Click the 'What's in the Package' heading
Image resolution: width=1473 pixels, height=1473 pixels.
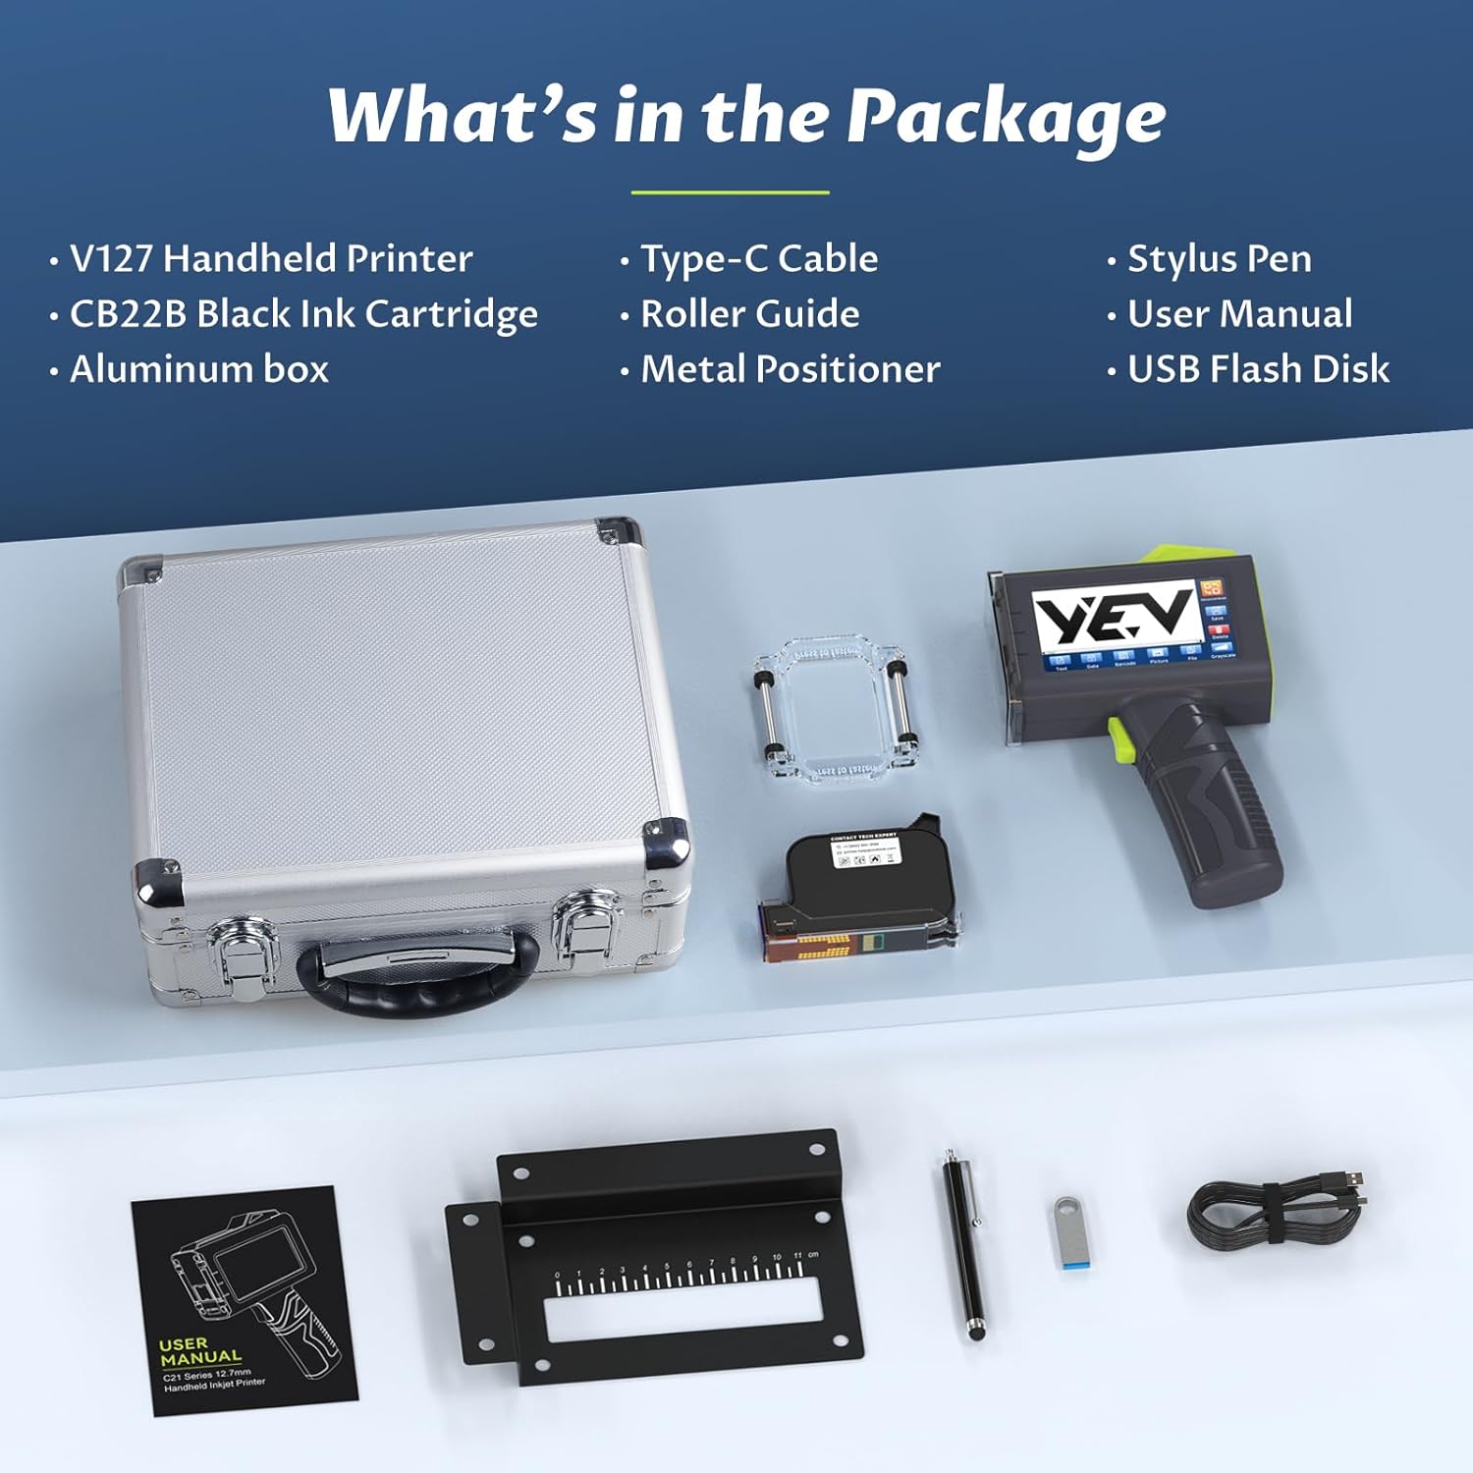pos(746,116)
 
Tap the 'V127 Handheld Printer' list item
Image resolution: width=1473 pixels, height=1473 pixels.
pos(271,259)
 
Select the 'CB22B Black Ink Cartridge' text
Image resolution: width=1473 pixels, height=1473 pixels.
pos(303,314)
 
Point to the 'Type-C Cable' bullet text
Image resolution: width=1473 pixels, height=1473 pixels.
pos(759,259)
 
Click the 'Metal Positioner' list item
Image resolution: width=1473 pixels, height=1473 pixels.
pos(791,369)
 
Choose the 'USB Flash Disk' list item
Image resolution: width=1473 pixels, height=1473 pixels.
pos(1258,369)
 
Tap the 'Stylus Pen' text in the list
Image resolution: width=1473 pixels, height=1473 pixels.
pos(1219,259)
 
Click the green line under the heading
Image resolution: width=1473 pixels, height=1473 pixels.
pos(730,192)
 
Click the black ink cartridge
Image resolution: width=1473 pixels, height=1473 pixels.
pos(856,889)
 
